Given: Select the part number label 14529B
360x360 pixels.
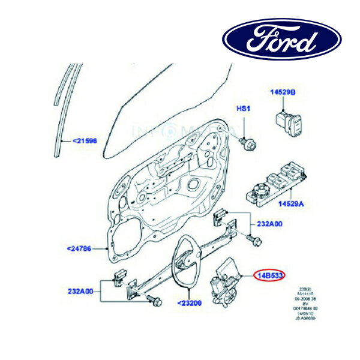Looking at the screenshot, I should (282, 92).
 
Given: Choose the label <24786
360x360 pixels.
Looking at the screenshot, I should (79, 248).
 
